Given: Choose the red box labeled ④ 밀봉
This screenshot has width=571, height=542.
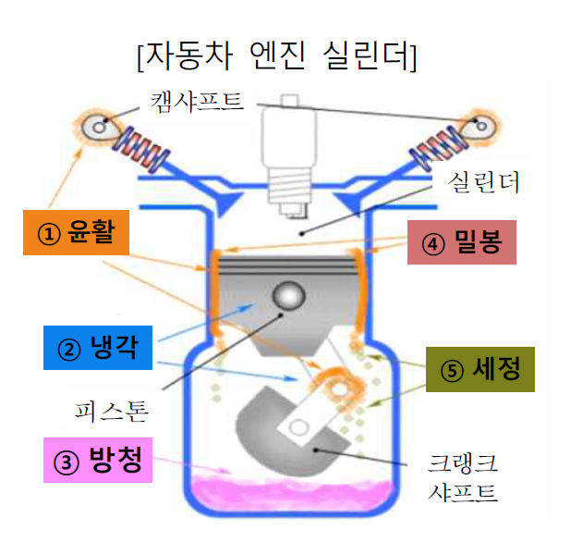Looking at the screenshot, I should tap(460, 246).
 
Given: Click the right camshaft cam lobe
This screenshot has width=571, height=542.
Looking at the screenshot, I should tap(480, 124).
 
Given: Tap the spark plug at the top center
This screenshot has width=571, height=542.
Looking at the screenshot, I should tap(286, 157).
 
